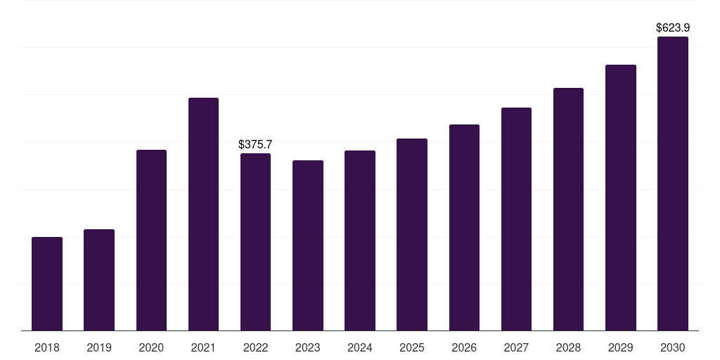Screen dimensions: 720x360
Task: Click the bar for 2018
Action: click(x=47, y=284)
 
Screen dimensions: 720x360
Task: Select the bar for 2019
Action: click(x=99, y=280)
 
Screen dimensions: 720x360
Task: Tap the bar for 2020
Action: click(x=152, y=240)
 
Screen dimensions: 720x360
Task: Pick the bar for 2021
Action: click(x=203, y=214)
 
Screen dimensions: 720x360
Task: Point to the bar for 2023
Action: click(x=308, y=245)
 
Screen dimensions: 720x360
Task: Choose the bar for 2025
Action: click(x=412, y=235)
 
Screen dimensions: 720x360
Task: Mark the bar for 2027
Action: click(x=516, y=219)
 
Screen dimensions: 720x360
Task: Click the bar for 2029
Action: click(x=621, y=198)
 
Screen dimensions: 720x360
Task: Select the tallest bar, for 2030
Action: click(x=673, y=184)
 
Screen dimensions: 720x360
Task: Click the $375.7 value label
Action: click(x=255, y=144)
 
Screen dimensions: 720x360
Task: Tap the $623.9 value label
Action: click(x=673, y=27)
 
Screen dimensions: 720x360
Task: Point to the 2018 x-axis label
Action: click(x=47, y=347)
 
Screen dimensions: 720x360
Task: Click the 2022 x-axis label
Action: click(x=255, y=347)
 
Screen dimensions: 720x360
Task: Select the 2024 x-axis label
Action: click(x=359, y=347)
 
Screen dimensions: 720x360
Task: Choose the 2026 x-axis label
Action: click(x=464, y=347)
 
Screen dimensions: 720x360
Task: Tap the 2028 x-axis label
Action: click(x=568, y=347)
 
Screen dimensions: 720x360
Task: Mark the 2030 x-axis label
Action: click(x=673, y=347)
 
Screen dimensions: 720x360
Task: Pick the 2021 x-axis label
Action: click(x=203, y=347)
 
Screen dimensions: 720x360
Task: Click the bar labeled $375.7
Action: click(x=255, y=242)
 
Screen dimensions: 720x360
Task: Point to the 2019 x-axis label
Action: click(x=99, y=347)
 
